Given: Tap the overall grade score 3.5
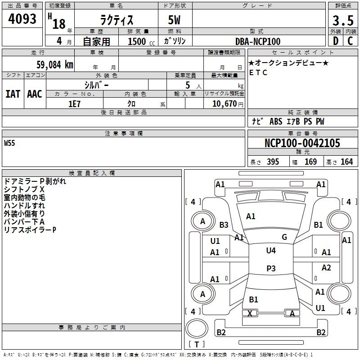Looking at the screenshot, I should click(342, 21).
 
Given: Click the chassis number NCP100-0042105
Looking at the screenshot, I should click(302, 144).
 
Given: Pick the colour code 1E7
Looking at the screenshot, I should click(74, 103).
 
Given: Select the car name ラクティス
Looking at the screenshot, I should click(116, 21).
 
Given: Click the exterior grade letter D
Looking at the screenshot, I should click(335, 41).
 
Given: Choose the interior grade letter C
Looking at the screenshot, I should click(350, 41).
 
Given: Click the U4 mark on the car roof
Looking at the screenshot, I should click(271, 251).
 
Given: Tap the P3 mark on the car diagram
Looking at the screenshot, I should click(271, 269).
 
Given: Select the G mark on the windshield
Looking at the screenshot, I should click(284, 237).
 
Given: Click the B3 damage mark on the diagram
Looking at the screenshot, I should click(224, 225).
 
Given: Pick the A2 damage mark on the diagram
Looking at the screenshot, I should click(326, 268).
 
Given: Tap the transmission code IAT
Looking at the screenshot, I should click(13, 94).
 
